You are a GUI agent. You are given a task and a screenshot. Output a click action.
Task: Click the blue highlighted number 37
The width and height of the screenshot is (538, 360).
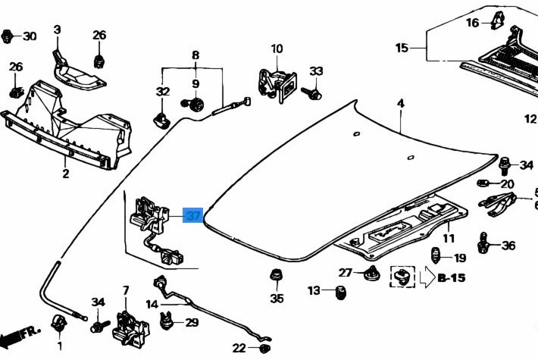coord(193,216)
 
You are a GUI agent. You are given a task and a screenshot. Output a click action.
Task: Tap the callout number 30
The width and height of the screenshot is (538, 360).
coord(29,36)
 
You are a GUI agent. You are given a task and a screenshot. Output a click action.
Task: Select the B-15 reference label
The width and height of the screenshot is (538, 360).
coord(452,277)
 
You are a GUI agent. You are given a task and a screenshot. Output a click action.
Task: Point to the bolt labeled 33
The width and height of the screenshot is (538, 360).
coord(312,93)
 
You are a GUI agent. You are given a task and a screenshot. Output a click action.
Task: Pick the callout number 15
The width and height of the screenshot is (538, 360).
coord(402,48)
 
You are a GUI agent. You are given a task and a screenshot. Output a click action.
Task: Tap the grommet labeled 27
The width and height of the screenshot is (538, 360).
coord(371,274)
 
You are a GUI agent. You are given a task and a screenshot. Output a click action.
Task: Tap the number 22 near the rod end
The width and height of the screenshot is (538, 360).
coord(239,349)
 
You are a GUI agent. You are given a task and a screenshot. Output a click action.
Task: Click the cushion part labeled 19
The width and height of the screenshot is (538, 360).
coord(436,256)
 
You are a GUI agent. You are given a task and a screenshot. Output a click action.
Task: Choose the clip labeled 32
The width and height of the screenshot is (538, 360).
coord(161,117)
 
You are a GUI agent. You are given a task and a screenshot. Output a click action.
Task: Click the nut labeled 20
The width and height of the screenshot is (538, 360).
coord(485,183)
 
